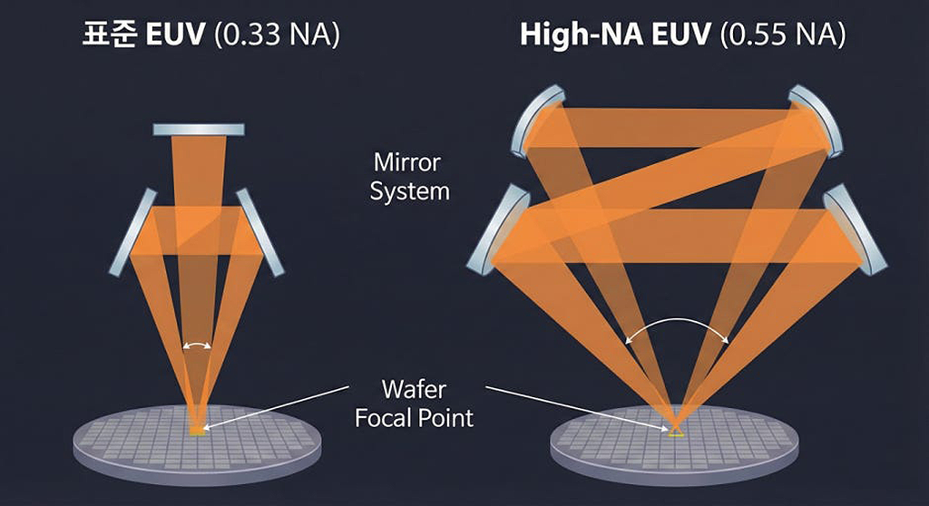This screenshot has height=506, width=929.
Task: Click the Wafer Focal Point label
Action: [x=414, y=404]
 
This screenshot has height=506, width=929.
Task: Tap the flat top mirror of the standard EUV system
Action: [x=198, y=129]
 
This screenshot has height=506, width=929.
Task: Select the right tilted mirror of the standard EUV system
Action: [x=261, y=232]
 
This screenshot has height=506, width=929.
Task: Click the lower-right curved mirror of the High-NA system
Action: [x=856, y=229]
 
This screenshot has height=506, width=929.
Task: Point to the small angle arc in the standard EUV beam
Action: [x=197, y=345]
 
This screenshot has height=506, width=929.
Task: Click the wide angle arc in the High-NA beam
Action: [x=678, y=326]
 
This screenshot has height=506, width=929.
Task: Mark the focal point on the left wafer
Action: [x=197, y=429]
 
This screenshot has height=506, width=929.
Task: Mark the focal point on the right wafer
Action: [x=676, y=432]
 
